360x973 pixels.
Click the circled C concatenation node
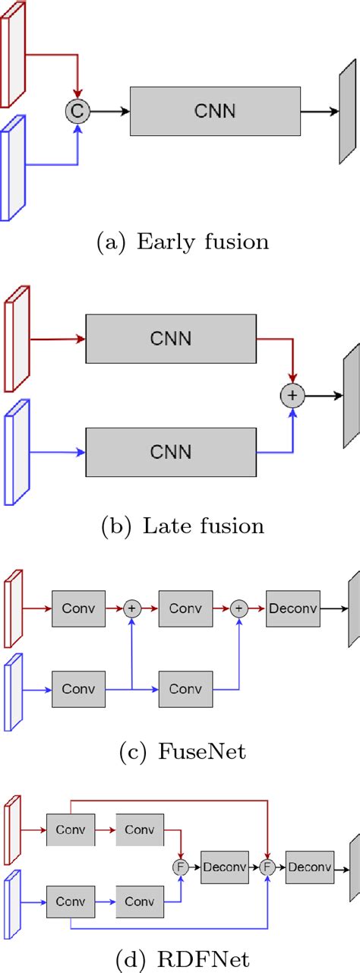pyautogui.click(x=77, y=112)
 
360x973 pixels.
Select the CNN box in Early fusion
pyautogui.click(x=215, y=112)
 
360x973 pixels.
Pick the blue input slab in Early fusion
pyautogui.click(x=14, y=167)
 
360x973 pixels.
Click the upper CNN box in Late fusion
pyautogui.click(x=171, y=337)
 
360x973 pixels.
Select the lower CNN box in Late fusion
pyautogui.click(x=171, y=452)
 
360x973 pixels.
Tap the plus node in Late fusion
pyautogui.click(x=292, y=396)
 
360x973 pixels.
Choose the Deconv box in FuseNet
pyautogui.click(x=293, y=608)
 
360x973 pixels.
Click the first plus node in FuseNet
pyautogui.click(x=133, y=608)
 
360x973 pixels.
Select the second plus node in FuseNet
pyautogui.click(x=239, y=608)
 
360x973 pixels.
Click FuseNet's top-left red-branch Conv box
pyautogui.click(x=78, y=608)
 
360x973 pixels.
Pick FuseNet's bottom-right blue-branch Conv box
pyautogui.click(x=185, y=689)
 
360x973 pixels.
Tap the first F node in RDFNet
pyautogui.click(x=181, y=867)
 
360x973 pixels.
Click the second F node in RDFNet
pyautogui.click(x=267, y=867)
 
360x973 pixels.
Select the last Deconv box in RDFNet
pyautogui.click(x=310, y=867)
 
